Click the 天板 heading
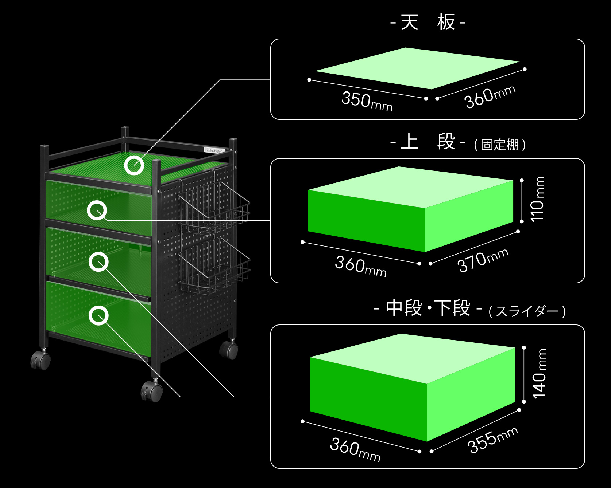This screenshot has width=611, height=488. coord(428,23)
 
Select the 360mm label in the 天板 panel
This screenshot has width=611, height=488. coord(490,97)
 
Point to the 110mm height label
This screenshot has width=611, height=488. coord(538,199)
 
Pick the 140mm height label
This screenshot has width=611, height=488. coord(540,373)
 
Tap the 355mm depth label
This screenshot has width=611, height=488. coord(492,440)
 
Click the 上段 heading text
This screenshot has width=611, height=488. coord(428,142)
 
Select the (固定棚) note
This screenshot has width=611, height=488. coord(500,145)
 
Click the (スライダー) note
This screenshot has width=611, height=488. coord(527,312)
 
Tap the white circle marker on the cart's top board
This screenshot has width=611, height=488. coord(134,165)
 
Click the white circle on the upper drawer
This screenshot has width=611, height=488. coord(97,210)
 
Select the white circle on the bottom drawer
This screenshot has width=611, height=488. coord(98,315)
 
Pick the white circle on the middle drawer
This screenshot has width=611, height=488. coord(98,261)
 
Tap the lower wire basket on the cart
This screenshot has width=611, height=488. coord(213,266)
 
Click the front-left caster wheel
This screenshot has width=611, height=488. coord(41,360)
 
